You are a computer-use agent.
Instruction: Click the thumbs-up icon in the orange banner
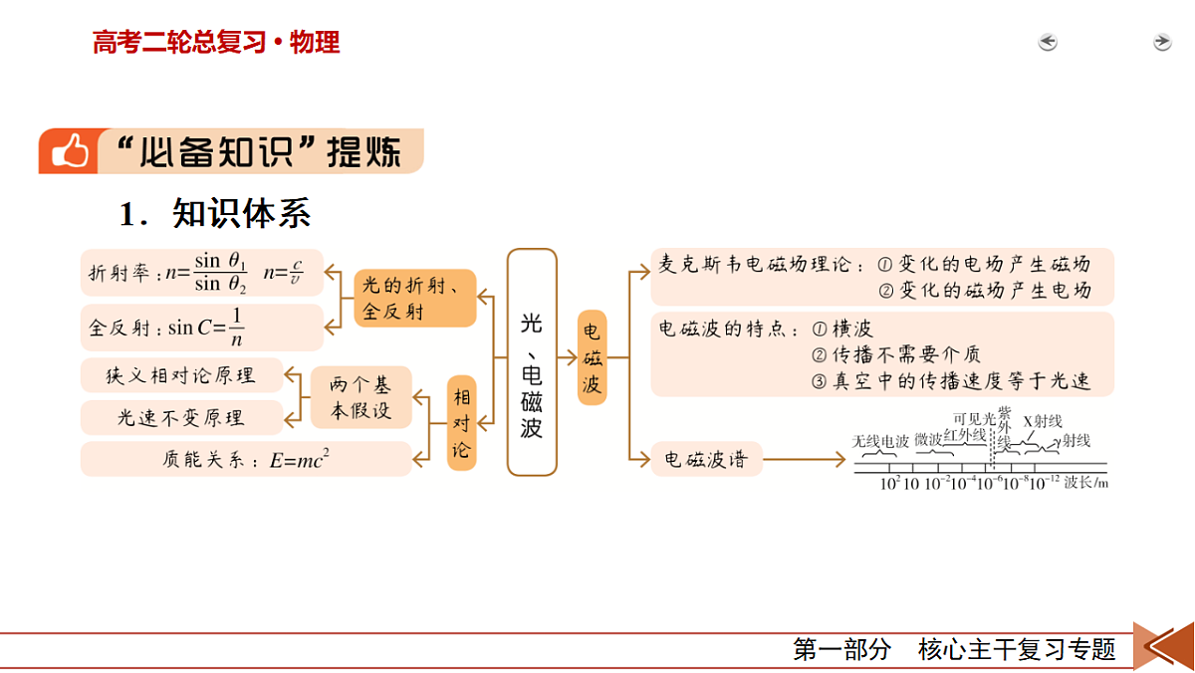tap(70, 151)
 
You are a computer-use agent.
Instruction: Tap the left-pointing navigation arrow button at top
tap(1048, 42)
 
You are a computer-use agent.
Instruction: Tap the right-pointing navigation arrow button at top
tap(1162, 42)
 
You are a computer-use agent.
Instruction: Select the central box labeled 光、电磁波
tap(532, 362)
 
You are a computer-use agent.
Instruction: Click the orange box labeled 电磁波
tap(593, 357)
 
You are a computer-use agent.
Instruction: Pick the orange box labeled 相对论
tap(461, 423)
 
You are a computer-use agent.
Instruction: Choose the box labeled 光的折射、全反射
tap(415, 298)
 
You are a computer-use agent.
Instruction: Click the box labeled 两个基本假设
tap(361, 397)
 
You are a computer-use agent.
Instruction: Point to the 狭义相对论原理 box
tap(181, 375)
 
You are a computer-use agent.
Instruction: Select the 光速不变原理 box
tap(181, 417)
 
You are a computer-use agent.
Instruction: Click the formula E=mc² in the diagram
tap(300, 459)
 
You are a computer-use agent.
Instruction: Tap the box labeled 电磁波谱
tap(706, 459)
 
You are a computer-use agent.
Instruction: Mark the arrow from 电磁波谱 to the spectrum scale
tap(805, 459)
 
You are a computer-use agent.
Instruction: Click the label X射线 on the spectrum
tap(1043, 422)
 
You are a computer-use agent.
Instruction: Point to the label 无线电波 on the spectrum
tap(880, 442)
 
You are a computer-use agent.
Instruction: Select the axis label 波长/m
tap(1086, 483)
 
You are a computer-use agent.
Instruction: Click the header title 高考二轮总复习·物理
tap(216, 42)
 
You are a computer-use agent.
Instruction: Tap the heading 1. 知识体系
tap(214, 213)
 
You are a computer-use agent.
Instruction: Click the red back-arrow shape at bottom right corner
tap(1164, 646)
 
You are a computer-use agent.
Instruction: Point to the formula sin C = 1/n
tap(206, 328)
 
